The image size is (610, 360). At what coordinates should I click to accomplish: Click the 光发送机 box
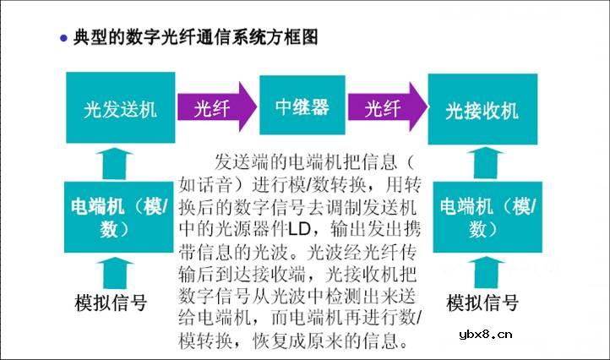(121, 107)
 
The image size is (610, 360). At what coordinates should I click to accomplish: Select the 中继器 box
(302, 105)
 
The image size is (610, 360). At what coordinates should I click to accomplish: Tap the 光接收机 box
(482, 109)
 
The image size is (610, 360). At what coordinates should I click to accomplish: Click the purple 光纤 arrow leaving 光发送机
(216, 106)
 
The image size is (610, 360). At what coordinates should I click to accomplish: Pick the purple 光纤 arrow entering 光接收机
(387, 106)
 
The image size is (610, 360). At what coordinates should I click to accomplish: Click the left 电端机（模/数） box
(118, 217)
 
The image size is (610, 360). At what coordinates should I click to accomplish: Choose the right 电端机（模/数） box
(487, 217)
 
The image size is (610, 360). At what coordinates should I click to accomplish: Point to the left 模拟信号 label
(111, 303)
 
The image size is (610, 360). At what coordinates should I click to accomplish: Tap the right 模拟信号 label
(482, 303)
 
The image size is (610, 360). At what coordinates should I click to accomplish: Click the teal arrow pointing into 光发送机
(114, 163)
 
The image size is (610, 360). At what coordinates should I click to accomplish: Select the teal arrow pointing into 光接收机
(486, 163)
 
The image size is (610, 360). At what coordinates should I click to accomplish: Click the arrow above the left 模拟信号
(114, 273)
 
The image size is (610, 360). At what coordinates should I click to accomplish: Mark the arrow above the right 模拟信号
(486, 273)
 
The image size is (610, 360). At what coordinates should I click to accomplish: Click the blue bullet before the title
(64, 38)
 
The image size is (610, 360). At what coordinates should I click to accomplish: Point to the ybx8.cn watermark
(486, 334)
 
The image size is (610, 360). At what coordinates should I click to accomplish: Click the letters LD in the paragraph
(300, 229)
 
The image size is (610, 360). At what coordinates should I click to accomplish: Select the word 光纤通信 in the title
(197, 37)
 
